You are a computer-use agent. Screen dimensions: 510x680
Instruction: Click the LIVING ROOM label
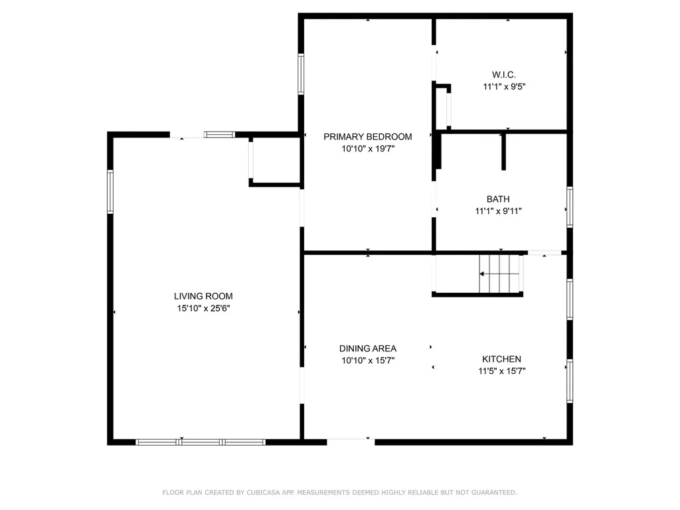[x=203, y=296]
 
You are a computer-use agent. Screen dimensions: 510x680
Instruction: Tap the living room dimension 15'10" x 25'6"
[x=203, y=308]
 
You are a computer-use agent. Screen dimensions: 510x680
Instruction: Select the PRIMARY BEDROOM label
[x=367, y=137]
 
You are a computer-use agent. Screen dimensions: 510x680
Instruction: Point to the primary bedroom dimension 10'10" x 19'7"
[x=367, y=149]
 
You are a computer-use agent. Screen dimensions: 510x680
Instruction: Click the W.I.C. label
[x=504, y=74]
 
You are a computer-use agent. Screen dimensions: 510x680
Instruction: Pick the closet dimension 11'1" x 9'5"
[x=504, y=86]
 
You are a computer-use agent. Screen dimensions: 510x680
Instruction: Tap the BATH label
[x=498, y=199]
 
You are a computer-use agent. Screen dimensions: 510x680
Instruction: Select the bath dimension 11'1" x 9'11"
[x=498, y=211]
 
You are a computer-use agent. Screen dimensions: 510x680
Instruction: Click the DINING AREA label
[x=367, y=349]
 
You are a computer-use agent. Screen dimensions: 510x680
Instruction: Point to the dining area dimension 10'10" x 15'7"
[x=367, y=361]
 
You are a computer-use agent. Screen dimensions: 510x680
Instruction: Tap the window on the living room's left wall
[x=110, y=191]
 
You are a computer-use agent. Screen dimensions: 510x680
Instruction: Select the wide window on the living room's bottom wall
[x=201, y=442]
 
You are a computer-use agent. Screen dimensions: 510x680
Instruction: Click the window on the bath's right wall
[x=569, y=207]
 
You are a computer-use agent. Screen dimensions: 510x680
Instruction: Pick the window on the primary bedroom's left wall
[x=301, y=74]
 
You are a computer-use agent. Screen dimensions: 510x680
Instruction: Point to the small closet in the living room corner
[x=276, y=161]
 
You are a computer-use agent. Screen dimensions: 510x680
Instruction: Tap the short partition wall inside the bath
[x=503, y=151]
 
